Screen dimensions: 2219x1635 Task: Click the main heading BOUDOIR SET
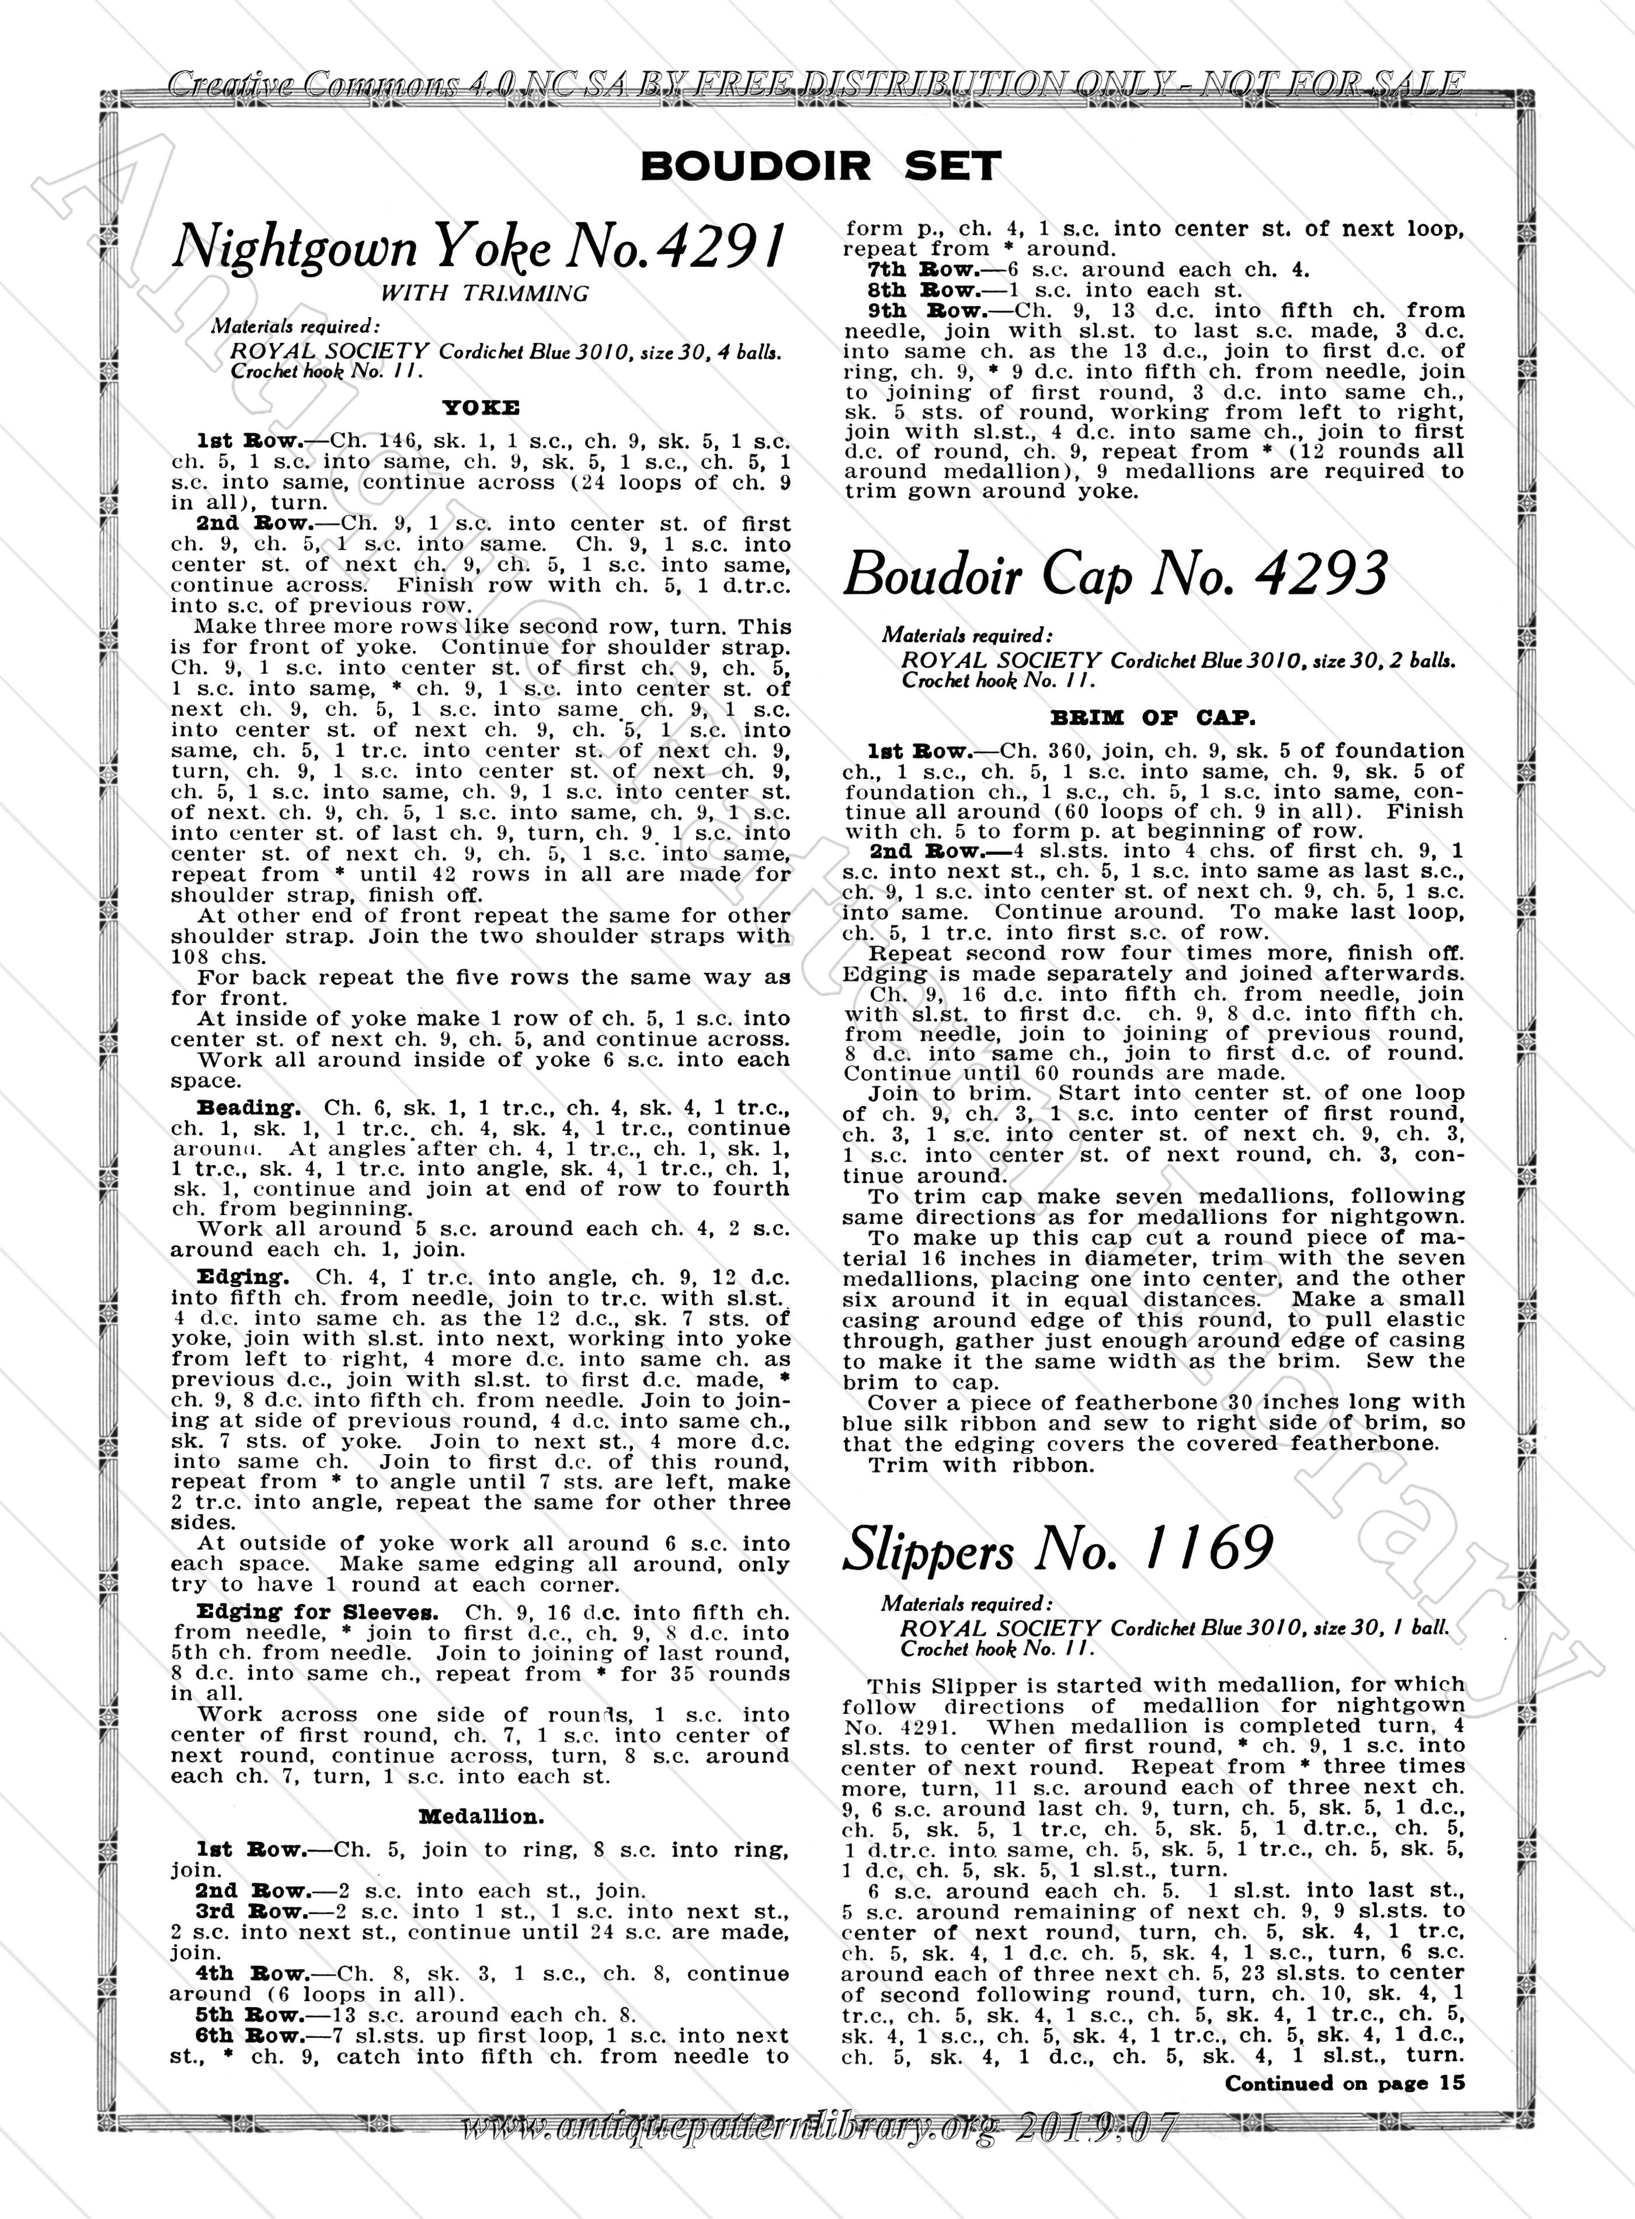click(820, 166)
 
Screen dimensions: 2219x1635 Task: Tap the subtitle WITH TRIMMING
click(484, 293)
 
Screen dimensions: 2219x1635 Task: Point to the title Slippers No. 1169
click(1057, 1549)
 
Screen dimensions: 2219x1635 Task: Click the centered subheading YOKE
click(481, 407)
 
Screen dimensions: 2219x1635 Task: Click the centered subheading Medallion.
click(481, 1816)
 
